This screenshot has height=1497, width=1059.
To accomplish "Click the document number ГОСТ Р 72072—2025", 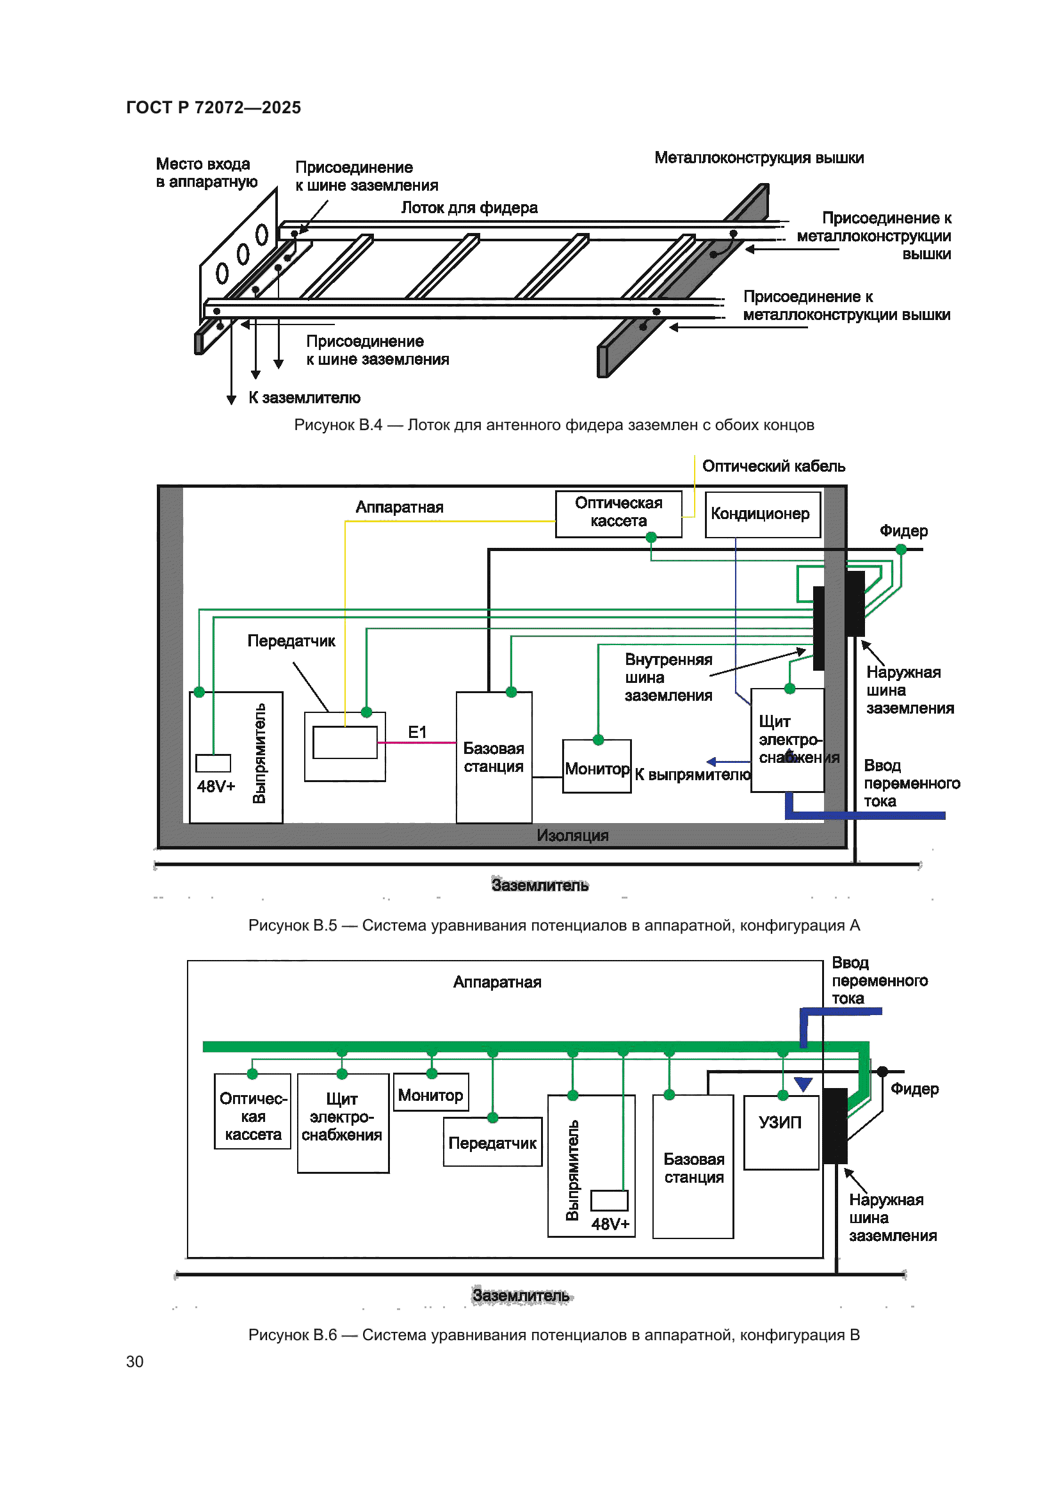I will click(x=213, y=108).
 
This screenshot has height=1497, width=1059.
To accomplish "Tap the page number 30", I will click(x=134, y=1361).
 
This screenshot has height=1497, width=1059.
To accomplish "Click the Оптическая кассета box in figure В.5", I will click(x=618, y=513).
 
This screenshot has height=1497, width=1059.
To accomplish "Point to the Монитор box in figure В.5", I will click(x=597, y=767).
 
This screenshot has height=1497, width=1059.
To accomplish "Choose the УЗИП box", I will click(x=780, y=1133).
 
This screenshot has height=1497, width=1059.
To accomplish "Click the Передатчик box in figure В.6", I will click(x=492, y=1142).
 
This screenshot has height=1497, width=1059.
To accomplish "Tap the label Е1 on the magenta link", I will click(x=417, y=732).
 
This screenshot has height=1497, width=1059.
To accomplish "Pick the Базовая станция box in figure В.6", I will click(x=693, y=1167).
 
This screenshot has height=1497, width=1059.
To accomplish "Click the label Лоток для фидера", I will click(x=469, y=208).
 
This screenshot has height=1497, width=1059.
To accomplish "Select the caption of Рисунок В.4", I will click(x=554, y=425).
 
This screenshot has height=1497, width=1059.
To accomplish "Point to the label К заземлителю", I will click(x=304, y=397).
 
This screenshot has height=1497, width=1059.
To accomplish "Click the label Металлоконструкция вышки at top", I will click(x=759, y=158).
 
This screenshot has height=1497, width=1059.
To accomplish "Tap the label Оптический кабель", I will click(x=773, y=466).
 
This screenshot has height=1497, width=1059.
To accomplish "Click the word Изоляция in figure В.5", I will click(x=572, y=835).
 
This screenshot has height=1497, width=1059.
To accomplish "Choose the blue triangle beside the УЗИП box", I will click(x=803, y=1084).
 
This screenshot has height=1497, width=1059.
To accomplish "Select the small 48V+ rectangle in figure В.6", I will click(x=609, y=1200).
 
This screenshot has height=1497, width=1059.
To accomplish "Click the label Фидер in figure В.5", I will click(x=903, y=531).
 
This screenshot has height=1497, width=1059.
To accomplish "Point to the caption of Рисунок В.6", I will click(x=554, y=1334).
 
